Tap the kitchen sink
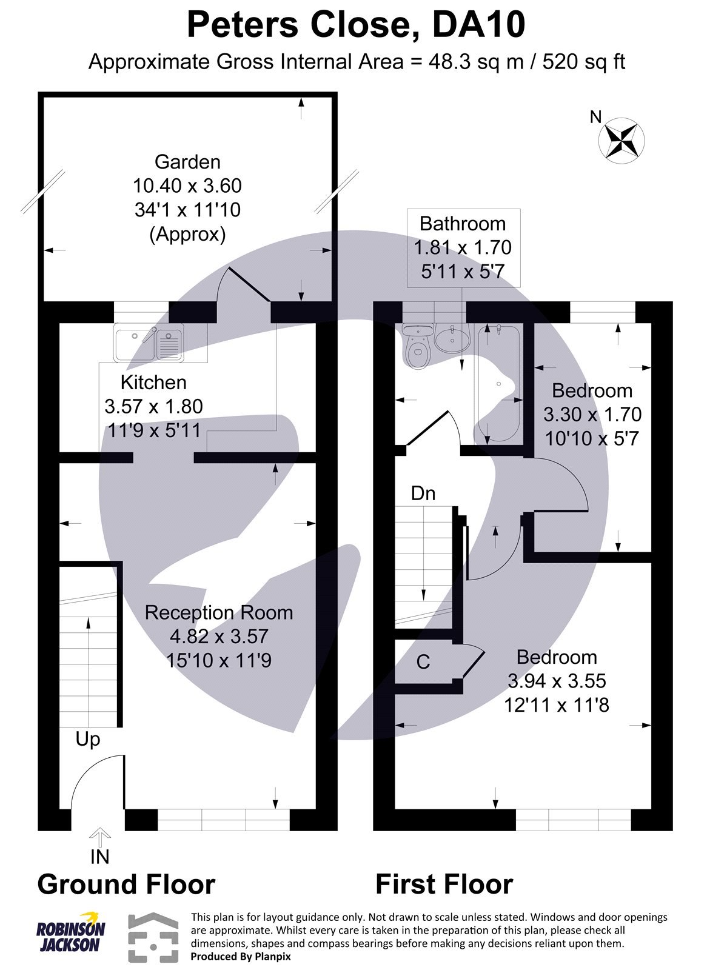(148, 343)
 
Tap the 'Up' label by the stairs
(88, 739)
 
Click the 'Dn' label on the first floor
(423, 493)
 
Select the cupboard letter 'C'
(423, 662)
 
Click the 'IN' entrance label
(99, 857)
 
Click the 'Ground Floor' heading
(126, 885)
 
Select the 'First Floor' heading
(444, 885)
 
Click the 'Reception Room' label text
(219, 612)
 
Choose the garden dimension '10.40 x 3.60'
(187, 186)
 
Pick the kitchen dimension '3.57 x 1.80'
(154, 406)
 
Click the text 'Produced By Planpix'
(241, 956)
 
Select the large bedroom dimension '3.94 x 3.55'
(557, 681)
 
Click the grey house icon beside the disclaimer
(153, 937)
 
